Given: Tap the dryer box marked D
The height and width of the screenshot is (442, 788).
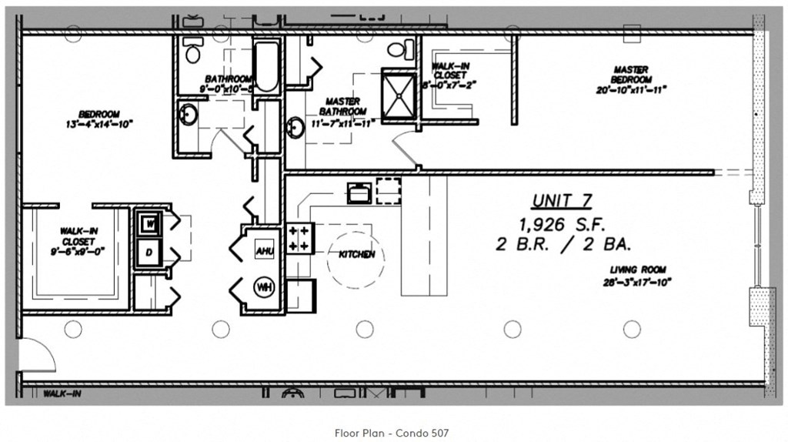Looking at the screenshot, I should (148, 252).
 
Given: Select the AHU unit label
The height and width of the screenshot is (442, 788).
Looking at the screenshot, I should (265, 250).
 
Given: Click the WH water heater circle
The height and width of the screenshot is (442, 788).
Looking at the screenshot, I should (265, 288).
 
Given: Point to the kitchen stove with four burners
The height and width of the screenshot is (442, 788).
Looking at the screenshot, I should (299, 238).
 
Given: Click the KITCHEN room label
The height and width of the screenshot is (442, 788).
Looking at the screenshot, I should (357, 254).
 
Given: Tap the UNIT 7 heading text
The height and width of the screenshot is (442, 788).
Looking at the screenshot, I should (562, 201).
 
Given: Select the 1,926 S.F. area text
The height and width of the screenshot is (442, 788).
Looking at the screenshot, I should (563, 225).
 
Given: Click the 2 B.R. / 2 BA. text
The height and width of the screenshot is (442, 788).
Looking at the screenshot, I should (563, 245).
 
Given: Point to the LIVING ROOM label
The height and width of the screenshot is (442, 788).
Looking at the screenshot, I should (638, 270).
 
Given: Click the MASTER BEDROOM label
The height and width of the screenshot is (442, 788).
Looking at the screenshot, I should (631, 75).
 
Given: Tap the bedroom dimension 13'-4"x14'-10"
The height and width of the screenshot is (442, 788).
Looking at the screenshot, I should (99, 125).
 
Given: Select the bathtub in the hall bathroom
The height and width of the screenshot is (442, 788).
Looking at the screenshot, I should (266, 66).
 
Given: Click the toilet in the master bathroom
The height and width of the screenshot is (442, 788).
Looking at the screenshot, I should (396, 50).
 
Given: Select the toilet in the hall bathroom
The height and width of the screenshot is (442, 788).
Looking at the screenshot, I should (192, 52).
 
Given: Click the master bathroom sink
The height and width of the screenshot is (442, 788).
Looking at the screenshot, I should (294, 128).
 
